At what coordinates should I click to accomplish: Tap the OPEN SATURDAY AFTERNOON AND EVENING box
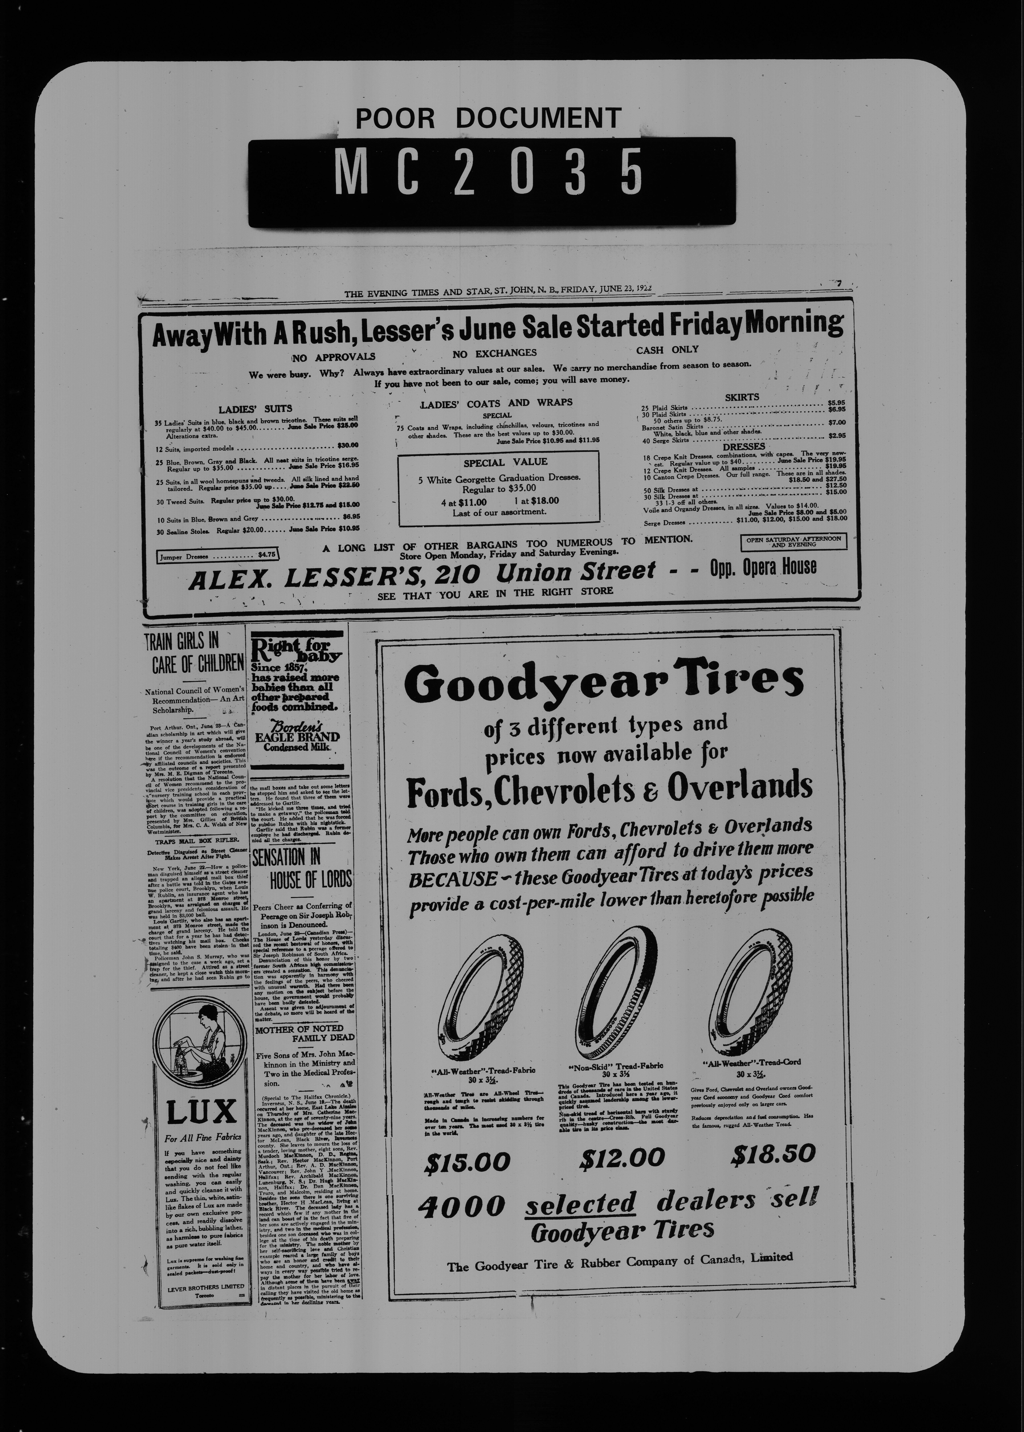pos(793,542)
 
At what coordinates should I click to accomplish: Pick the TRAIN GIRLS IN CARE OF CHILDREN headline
pos(194,653)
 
